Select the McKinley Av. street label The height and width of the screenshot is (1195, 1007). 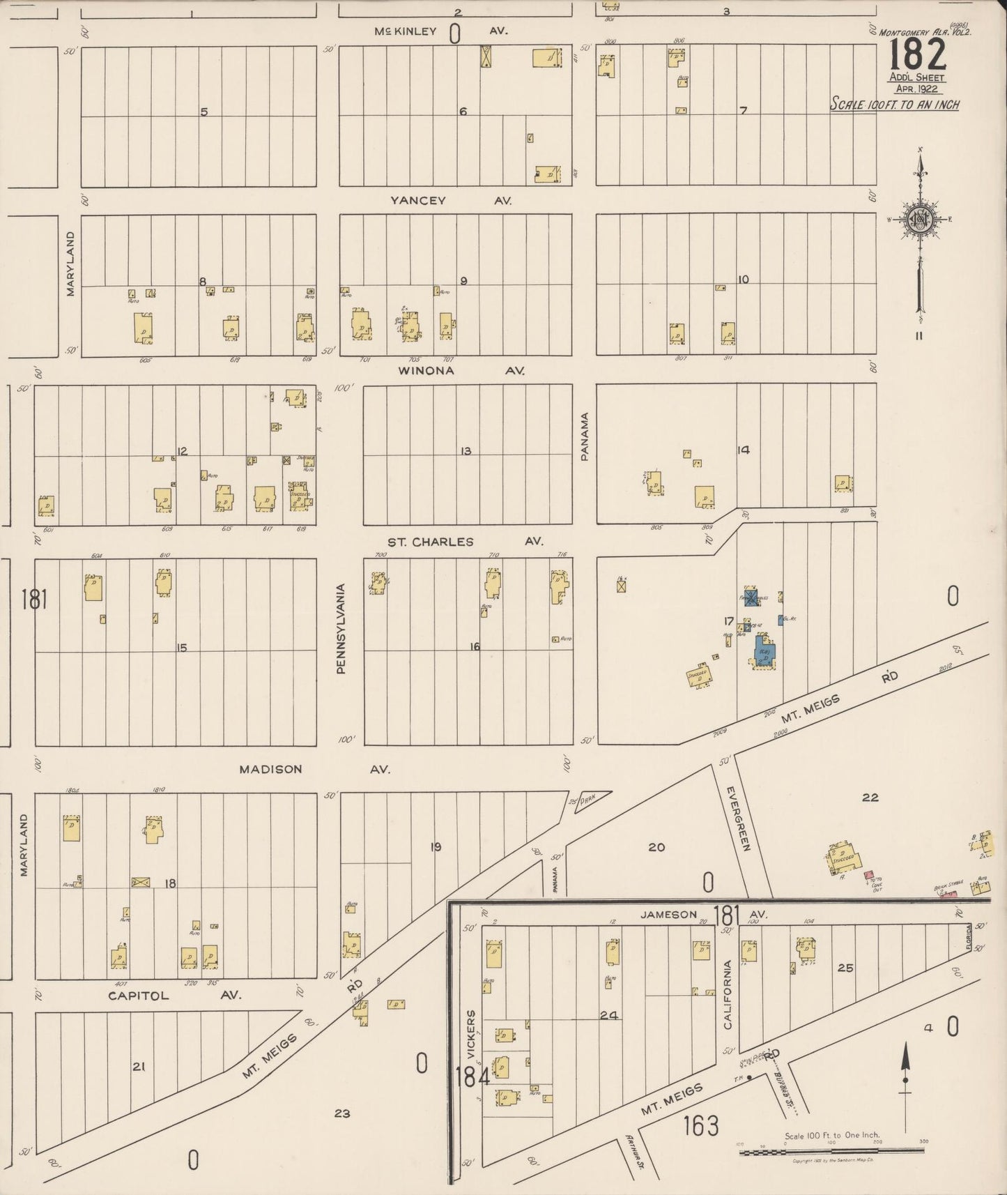(x=440, y=31)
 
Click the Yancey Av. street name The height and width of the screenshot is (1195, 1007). (x=450, y=201)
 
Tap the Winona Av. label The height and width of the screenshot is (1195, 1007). (x=460, y=371)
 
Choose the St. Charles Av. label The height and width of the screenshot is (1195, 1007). (x=465, y=542)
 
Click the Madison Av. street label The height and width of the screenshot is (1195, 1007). (x=314, y=770)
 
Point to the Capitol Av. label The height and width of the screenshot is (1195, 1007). (x=174, y=996)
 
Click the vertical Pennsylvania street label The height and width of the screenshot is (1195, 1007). (x=341, y=629)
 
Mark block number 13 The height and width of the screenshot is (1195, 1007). (x=466, y=452)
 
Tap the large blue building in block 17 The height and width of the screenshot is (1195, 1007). (x=764, y=653)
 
